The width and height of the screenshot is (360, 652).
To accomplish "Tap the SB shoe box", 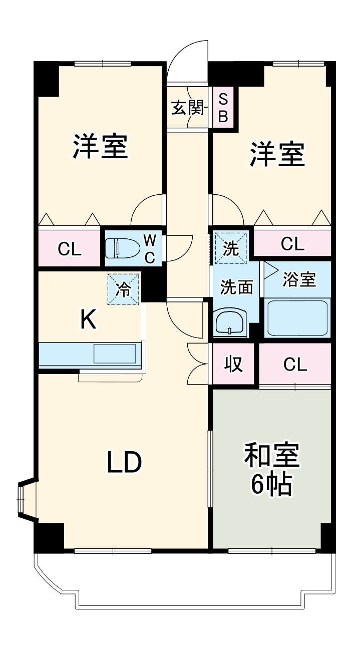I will click(223, 108).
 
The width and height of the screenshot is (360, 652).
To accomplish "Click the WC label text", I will click(150, 248).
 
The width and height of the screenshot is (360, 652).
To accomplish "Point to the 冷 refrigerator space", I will click(123, 289).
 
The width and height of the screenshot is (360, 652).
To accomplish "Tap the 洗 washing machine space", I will click(231, 247).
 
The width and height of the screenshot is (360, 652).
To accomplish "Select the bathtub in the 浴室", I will click(297, 318).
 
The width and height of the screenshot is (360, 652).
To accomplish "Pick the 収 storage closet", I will click(233, 365).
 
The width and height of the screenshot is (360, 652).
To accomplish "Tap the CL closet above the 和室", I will click(295, 365).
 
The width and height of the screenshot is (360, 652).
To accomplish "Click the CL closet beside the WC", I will click(70, 248).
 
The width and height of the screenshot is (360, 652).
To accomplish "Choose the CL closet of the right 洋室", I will click(292, 244).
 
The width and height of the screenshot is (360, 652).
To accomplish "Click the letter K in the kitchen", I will click(89, 319).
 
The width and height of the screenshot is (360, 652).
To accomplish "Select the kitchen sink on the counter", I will click(115, 354).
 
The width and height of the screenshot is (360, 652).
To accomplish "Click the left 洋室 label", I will click(100, 146).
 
